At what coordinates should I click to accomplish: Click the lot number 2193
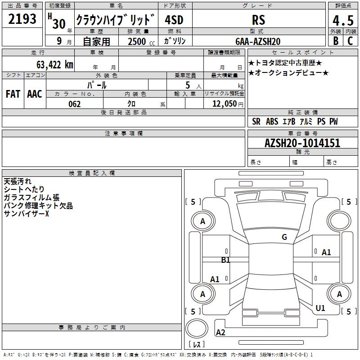(22, 19)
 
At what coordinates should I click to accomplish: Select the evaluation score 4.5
(342, 21)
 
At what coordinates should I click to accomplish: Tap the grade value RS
(259, 20)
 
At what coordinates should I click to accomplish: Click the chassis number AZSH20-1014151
(302, 144)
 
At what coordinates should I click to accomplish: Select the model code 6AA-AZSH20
(258, 41)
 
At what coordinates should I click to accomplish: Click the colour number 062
(74, 104)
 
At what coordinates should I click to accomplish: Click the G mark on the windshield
(284, 237)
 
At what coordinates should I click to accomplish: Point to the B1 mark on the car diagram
(225, 260)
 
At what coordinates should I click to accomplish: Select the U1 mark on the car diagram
(320, 308)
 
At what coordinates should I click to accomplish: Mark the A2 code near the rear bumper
(220, 333)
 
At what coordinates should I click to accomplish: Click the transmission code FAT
(13, 94)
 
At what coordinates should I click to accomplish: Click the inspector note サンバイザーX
(26, 214)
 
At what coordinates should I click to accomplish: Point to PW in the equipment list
(333, 121)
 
